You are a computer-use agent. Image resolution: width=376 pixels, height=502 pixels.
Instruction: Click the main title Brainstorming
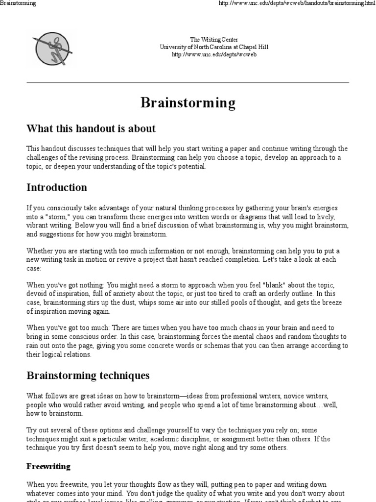pyautogui.click(x=188, y=103)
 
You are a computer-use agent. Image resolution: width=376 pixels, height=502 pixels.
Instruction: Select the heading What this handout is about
pyautogui.click(x=91, y=129)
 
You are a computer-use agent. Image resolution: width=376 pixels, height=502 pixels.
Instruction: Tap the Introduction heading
pyautogui.click(x=57, y=187)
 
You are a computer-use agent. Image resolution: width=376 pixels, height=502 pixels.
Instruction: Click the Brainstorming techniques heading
pyautogui.click(x=88, y=376)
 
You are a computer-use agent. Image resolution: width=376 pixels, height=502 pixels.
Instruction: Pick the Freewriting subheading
pyautogui.click(x=48, y=466)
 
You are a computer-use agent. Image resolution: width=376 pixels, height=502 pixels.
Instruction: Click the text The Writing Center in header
pyautogui.click(x=214, y=40)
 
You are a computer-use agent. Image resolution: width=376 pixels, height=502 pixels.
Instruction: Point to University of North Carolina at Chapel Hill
pyautogui.click(x=214, y=47)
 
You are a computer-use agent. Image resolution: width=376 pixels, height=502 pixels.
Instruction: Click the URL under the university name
pyautogui.click(x=214, y=54)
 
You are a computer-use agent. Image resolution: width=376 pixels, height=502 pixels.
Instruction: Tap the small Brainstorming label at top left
pyautogui.click(x=18, y=3)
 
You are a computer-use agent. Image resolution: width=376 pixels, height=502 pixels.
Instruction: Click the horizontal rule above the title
pyautogui.click(x=188, y=82)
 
